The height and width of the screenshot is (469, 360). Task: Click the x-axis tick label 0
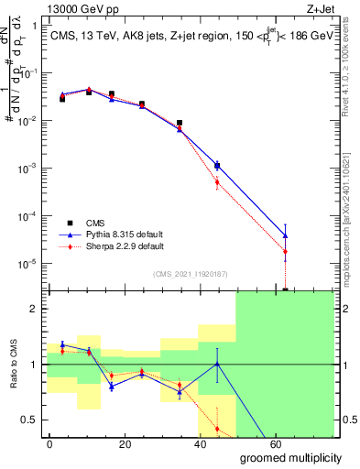point(50,443)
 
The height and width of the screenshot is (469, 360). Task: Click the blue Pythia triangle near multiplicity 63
point(286,235)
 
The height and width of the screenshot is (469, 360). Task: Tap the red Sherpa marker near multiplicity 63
point(286,252)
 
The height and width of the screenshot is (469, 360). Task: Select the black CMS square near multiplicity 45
point(217,166)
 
